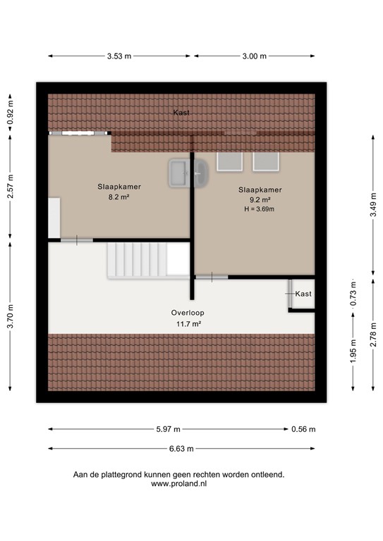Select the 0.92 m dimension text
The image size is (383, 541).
(10, 111)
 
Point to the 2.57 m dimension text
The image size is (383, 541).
(10, 186)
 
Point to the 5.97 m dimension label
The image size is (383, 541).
(169, 429)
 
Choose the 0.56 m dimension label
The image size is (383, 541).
(305, 429)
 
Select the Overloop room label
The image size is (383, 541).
(186, 313)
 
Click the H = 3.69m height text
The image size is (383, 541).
(260, 209)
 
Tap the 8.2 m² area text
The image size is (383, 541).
(118, 198)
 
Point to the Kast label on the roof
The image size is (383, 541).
(181, 113)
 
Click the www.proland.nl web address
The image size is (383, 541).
(178, 484)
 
